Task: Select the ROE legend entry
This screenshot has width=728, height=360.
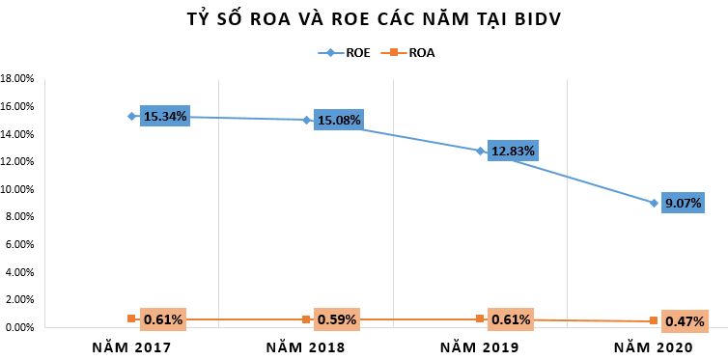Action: click(347, 53)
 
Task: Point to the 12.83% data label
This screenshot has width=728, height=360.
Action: click(512, 152)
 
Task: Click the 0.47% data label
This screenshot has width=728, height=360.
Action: click(684, 320)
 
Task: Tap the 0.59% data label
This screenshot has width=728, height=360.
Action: click(337, 318)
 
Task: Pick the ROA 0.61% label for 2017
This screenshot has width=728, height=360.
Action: click(162, 318)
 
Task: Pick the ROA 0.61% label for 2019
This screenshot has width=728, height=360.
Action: click(512, 318)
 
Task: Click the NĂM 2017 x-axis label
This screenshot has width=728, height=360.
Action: click(131, 346)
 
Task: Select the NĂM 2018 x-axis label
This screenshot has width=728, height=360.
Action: click(305, 346)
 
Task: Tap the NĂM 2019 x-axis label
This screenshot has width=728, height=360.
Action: click(480, 346)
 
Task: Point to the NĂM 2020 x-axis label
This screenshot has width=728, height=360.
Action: click(654, 346)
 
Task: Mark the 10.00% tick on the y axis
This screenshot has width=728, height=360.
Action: click(18, 189)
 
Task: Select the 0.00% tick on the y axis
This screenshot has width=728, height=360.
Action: click(18, 328)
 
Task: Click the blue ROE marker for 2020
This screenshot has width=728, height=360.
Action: click(654, 203)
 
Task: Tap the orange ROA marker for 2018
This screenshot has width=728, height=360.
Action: click(306, 319)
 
